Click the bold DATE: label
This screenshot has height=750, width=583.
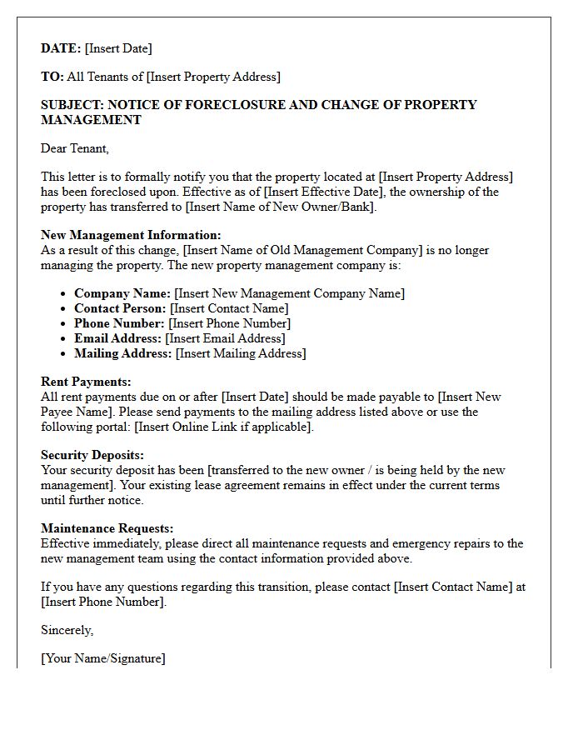pyautogui.click(x=61, y=48)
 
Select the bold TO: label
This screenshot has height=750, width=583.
pyautogui.click(x=52, y=77)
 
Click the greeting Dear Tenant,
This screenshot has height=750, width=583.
pyautogui.click(x=75, y=148)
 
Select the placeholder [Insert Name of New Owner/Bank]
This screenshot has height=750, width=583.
pyautogui.click(x=281, y=207)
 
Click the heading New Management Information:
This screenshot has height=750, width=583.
pyautogui.click(x=131, y=235)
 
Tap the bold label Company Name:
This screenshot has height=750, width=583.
pyautogui.click(x=122, y=293)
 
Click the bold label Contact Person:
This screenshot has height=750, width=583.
pyautogui.click(x=120, y=308)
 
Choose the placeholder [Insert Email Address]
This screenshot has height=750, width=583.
pyautogui.click(x=225, y=338)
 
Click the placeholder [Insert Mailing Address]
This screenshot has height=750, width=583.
pyautogui.click(x=241, y=353)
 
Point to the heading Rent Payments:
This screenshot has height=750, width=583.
pyautogui.click(x=86, y=382)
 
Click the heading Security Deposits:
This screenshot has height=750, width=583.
pyautogui.click(x=92, y=455)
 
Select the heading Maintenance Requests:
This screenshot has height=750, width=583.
pyautogui.click(x=107, y=528)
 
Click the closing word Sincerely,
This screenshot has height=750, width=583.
pyautogui.click(x=67, y=630)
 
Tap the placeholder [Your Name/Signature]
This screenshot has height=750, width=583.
pyautogui.click(x=103, y=658)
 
